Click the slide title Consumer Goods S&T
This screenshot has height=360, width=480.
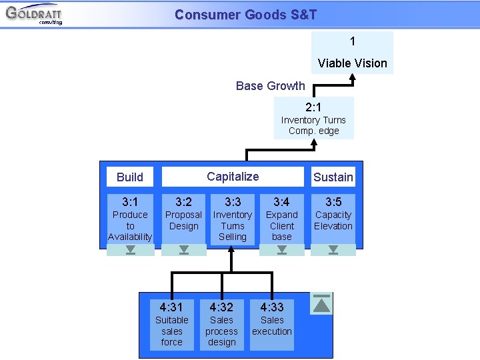pyautogui.click(x=245, y=15)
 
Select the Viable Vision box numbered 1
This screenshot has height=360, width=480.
pyautogui.click(x=352, y=53)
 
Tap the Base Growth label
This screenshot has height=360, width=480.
pyautogui.click(x=270, y=86)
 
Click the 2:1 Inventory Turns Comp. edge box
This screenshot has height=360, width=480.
pyautogui.click(x=313, y=118)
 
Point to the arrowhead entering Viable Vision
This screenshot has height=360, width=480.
pyautogui.click(x=353, y=78)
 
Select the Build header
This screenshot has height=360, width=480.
pyautogui.click(x=130, y=177)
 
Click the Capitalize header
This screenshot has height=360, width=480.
pyautogui.click(x=232, y=177)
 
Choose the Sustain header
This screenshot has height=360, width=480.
pyautogui.click(x=333, y=177)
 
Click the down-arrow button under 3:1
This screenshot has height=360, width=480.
pyautogui.click(x=130, y=250)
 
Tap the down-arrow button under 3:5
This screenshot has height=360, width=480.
pyautogui.click(x=333, y=250)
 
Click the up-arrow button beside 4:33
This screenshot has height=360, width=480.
pyautogui.click(x=322, y=304)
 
